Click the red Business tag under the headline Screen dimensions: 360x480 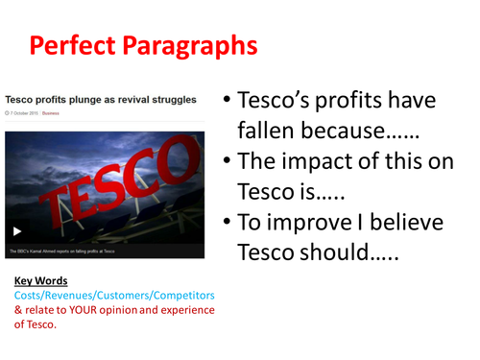[x=50, y=112]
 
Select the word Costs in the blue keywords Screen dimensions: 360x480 [x=31, y=295]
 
